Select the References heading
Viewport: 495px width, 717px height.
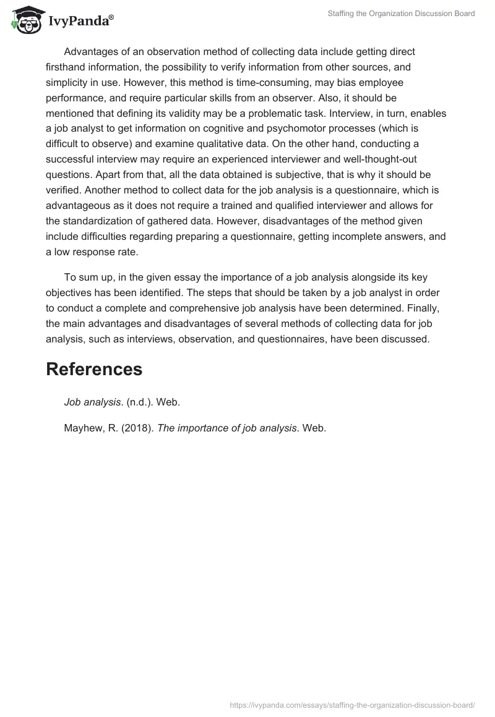tap(94, 369)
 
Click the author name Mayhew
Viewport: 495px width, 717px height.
tap(84, 428)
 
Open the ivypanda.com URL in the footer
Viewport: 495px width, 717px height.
tap(352, 704)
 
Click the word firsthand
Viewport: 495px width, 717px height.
tap(67, 67)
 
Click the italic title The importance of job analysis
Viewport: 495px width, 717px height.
tap(227, 428)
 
